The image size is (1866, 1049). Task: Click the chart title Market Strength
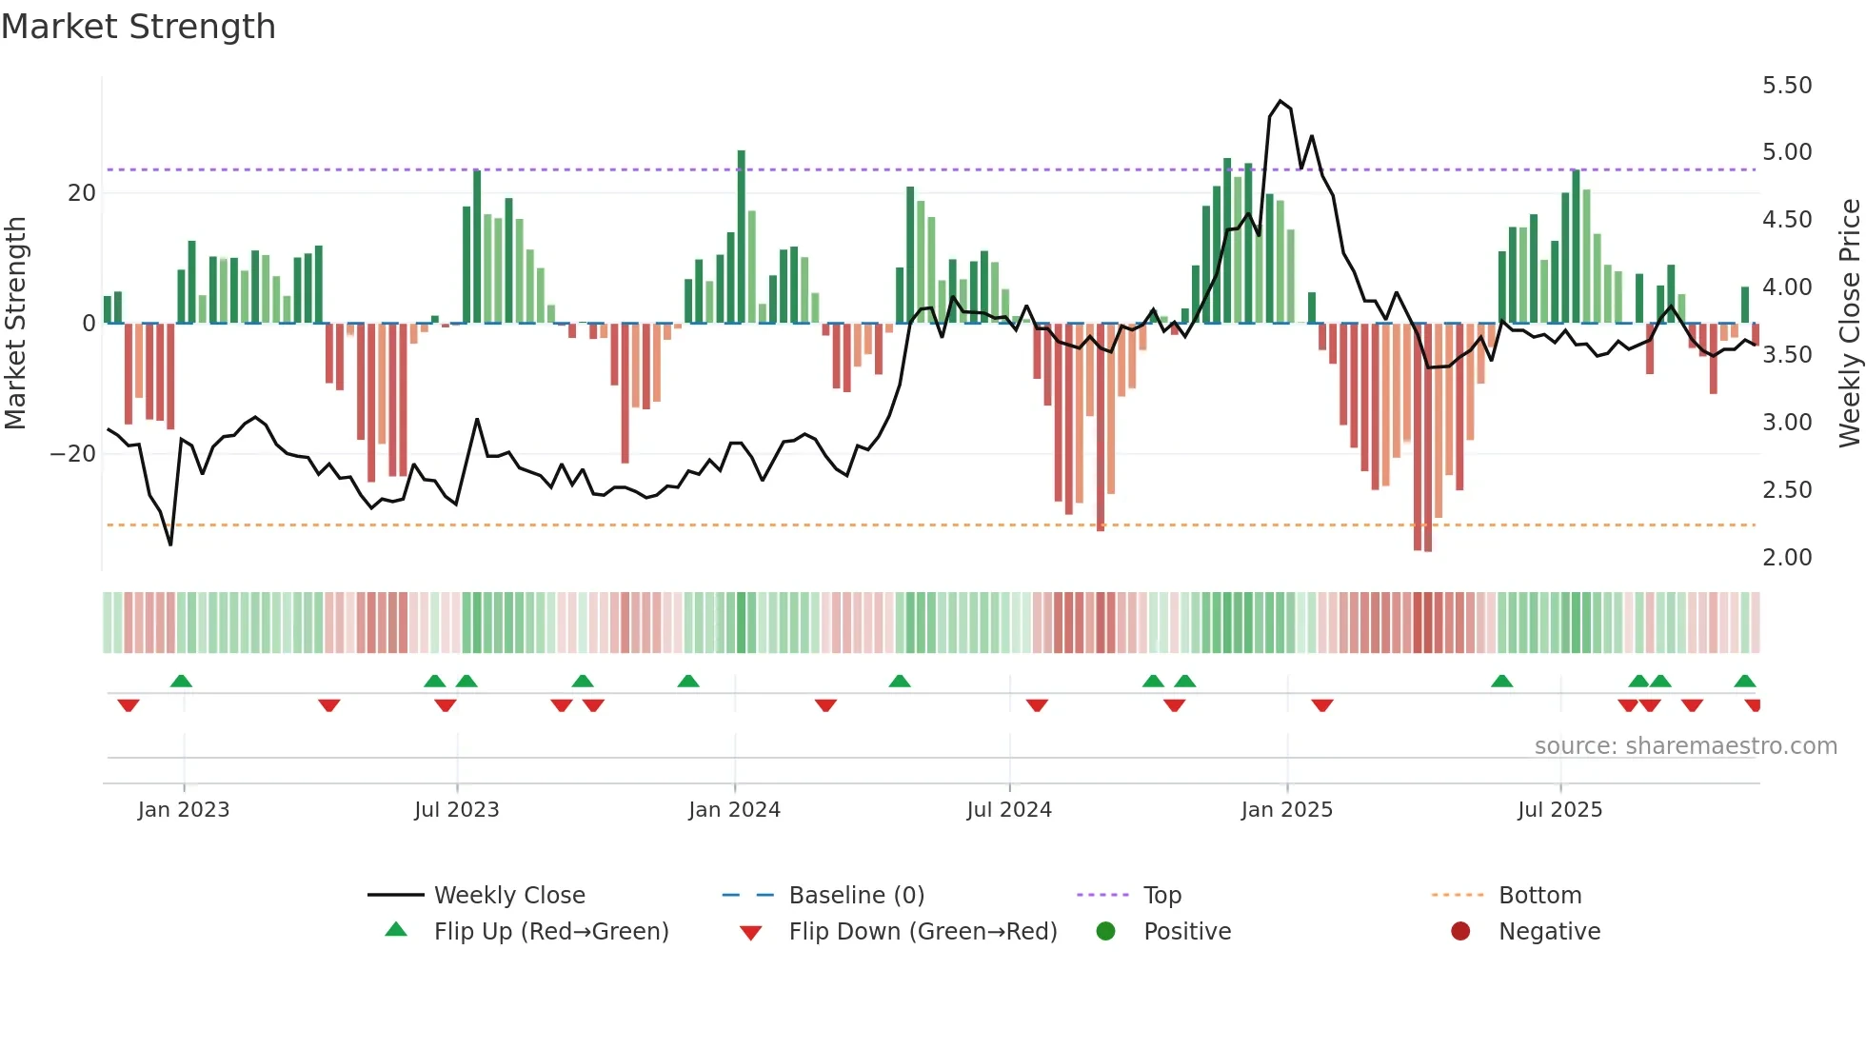point(138,27)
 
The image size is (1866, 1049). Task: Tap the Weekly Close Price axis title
point(1849,323)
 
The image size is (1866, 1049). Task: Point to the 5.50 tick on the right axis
point(1786,86)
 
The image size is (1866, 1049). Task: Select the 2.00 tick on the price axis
point(1786,558)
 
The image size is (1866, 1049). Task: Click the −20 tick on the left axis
point(73,454)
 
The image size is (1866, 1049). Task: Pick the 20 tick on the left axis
point(82,193)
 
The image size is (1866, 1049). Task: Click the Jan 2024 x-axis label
point(734,810)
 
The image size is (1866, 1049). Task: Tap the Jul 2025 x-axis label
point(1559,810)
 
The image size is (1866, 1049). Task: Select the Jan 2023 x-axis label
point(184,810)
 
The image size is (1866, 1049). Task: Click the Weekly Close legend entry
point(508,896)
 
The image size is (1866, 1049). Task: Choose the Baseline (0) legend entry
point(856,896)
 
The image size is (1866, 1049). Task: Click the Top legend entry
point(1161,896)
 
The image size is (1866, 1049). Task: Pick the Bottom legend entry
point(1539,896)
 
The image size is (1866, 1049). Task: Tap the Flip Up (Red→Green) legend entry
point(550,932)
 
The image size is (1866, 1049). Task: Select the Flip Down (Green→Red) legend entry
point(922,932)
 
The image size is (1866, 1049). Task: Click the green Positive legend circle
point(1105,932)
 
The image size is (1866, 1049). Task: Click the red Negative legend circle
point(1460,932)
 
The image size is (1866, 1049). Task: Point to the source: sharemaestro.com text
point(1685,746)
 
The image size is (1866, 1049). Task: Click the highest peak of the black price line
point(1280,101)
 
